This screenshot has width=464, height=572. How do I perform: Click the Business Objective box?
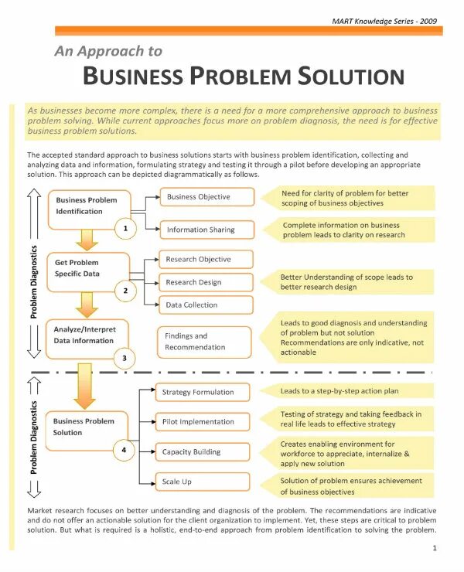206,197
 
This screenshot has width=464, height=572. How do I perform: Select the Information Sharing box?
206,230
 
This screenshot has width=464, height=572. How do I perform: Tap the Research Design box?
206,282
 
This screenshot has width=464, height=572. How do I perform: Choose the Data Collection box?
206,305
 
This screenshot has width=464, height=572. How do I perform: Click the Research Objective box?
206,260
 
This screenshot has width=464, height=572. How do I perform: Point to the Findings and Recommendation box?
206,342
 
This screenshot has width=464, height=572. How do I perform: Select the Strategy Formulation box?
205,393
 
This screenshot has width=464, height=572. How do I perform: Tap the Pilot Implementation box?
205,422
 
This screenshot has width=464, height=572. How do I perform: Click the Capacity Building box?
205,452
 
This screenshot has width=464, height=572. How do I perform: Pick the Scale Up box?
205,482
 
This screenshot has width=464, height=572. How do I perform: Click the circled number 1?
125,228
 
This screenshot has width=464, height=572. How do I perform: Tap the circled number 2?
125,291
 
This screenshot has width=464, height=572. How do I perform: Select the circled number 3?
125,358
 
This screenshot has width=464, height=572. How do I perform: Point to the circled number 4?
125,450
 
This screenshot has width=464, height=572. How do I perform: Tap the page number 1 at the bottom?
435,548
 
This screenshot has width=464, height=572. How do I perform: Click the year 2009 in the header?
428,21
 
